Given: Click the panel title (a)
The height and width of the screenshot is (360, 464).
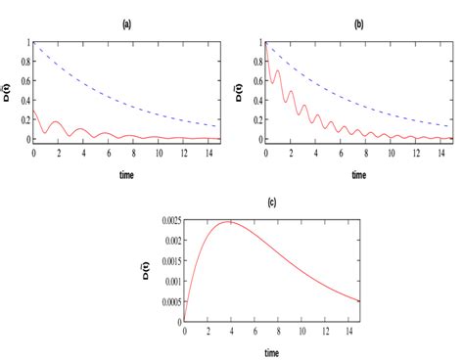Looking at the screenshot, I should pyautogui.click(x=127, y=25).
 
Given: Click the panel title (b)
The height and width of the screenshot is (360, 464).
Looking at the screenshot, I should pyautogui.click(x=358, y=25).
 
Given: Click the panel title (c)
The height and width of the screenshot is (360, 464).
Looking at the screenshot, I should pyautogui.click(x=271, y=202).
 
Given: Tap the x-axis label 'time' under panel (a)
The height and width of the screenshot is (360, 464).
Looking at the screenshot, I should pyautogui.click(x=127, y=174).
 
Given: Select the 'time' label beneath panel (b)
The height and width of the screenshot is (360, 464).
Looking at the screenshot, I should pyautogui.click(x=358, y=174).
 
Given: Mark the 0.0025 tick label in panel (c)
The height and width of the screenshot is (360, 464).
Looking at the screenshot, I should pyautogui.click(x=167, y=222).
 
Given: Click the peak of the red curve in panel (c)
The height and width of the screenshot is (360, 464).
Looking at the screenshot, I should pyautogui.click(x=229, y=222).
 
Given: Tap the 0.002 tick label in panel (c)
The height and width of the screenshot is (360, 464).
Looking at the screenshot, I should pyautogui.click(x=169, y=241).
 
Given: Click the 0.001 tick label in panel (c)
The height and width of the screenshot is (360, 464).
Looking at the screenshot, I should pyautogui.click(x=169, y=280).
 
